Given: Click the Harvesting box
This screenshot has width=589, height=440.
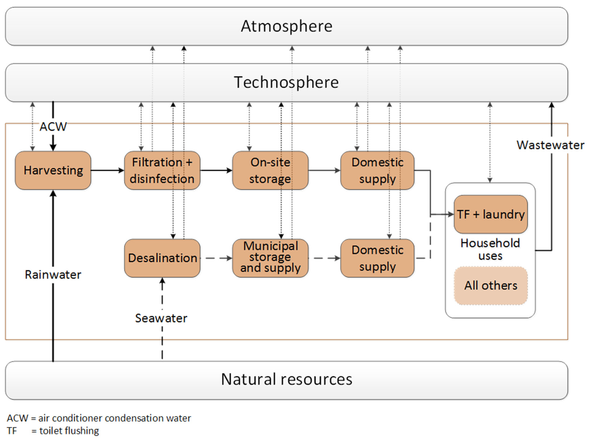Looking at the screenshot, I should (x=53, y=170).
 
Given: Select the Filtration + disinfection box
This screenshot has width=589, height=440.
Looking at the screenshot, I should (x=162, y=170).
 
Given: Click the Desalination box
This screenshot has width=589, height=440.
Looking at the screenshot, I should (x=162, y=258).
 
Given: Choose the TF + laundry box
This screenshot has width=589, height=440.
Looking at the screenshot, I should (x=490, y=214).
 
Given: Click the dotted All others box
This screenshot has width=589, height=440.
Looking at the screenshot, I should (x=490, y=285).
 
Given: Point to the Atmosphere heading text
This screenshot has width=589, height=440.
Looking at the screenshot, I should (x=287, y=26).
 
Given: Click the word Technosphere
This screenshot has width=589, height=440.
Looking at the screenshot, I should (x=287, y=82).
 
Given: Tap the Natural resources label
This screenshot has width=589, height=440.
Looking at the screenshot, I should (x=287, y=379).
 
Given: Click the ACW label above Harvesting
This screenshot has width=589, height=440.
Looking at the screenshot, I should (x=53, y=127).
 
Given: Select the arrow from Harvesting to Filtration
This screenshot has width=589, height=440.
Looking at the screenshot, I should (x=107, y=170).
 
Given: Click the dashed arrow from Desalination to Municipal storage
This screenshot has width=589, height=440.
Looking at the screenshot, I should (x=216, y=258).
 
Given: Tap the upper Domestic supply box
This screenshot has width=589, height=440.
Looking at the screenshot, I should (x=377, y=170).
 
